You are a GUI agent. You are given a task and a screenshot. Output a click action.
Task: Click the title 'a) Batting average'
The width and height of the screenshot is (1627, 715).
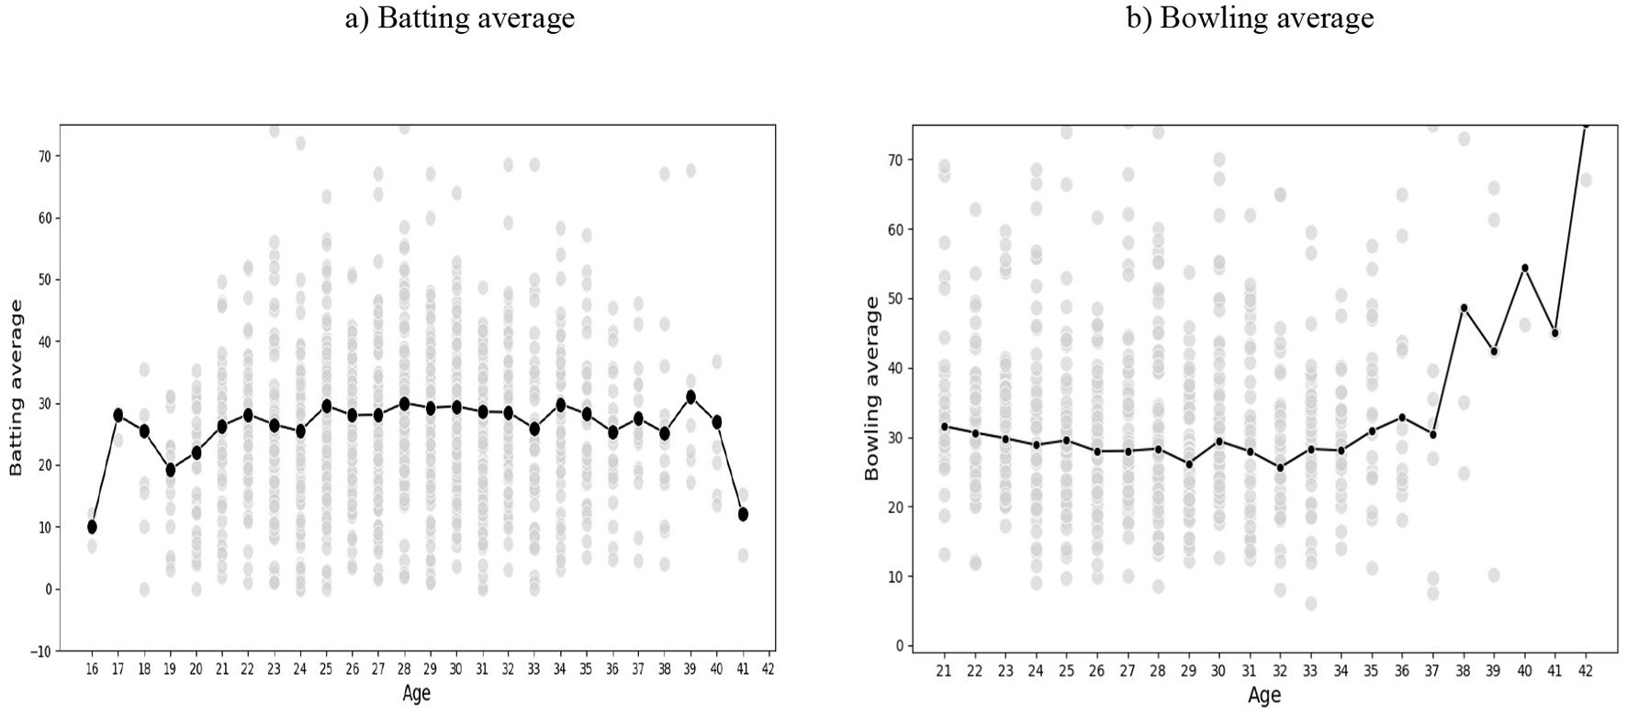pyautogui.click(x=460, y=18)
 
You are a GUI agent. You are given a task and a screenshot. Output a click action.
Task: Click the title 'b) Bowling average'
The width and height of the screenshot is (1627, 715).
pyautogui.click(x=1250, y=18)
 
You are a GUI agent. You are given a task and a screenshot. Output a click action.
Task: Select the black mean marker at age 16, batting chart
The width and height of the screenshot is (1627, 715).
pyautogui.click(x=92, y=527)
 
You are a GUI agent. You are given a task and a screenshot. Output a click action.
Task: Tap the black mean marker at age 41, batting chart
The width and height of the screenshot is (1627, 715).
pyautogui.click(x=743, y=514)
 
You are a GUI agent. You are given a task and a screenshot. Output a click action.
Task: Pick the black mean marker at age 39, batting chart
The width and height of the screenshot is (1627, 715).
pyautogui.click(x=690, y=397)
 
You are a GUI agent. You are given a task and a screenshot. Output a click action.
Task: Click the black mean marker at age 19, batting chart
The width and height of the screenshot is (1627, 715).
pyautogui.click(x=170, y=470)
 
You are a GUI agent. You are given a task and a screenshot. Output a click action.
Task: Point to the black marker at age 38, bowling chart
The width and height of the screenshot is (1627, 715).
pyautogui.click(x=1464, y=308)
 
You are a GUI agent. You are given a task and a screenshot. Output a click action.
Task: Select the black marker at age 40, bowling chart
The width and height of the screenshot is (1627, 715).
pyautogui.click(x=1525, y=268)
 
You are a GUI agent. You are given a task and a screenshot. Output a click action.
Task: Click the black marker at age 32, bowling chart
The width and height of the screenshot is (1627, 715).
pyautogui.click(x=1280, y=468)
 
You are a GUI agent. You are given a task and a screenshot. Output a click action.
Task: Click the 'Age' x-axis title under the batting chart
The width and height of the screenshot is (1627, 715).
pyautogui.click(x=416, y=694)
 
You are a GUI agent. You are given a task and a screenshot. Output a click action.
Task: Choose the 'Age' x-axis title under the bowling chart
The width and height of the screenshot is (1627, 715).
pyautogui.click(x=1263, y=696)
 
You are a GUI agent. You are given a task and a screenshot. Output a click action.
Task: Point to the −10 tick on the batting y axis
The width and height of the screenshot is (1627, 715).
pyautogui.click(x=42, y=652)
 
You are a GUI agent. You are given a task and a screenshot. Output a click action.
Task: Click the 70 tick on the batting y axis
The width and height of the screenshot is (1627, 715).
pyautogui.click(x=45, y=156)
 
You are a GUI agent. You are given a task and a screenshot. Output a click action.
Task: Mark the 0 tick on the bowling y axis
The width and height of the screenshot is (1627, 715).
pyautogui.click(x=899, y=646)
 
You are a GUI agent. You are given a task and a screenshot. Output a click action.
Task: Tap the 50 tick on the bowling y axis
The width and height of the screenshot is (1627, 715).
pyautogui.click(x=896, y=298)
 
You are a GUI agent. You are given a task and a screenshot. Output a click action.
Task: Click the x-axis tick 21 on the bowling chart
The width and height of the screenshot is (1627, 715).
pyautogui.click(x=944, y=672)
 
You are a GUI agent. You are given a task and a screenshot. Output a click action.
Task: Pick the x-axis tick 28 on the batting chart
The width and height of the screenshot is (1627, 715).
pyautogui.click(x=404, y=670)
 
